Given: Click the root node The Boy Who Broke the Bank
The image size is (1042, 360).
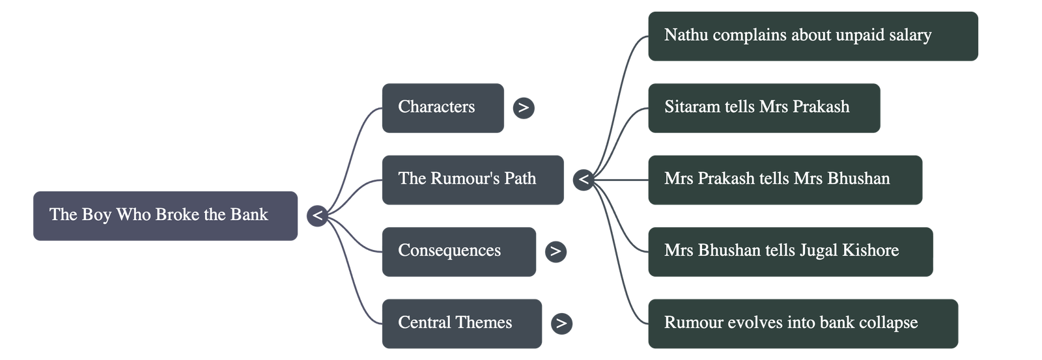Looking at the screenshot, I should pos(165,215).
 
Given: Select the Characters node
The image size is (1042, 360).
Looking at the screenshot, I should pos(442,107).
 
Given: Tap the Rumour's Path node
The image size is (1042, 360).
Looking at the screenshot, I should pos(472,180).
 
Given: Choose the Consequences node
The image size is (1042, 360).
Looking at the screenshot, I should pos(458,251).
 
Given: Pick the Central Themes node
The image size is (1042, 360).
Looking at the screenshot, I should pos(461,323).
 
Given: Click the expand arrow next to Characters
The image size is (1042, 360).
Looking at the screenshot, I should pos(524,107).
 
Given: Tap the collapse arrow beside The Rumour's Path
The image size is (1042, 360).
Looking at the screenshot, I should pos(584,180).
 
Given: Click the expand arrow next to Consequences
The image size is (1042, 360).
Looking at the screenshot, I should pos(556,251).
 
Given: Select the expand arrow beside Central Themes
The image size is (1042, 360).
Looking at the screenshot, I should pos(561,323).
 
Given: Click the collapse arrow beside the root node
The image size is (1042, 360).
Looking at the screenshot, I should pos(317,215).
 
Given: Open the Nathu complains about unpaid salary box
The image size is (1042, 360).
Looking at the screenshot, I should pos(813,36).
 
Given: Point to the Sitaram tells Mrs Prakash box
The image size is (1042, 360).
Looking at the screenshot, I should pos(763,107).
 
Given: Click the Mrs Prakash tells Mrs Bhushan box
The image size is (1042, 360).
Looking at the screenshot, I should pos(785,180).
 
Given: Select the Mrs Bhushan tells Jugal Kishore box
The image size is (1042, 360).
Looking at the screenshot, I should pos(790,251).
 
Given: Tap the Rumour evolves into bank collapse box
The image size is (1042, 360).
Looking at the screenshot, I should pos(802,323).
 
